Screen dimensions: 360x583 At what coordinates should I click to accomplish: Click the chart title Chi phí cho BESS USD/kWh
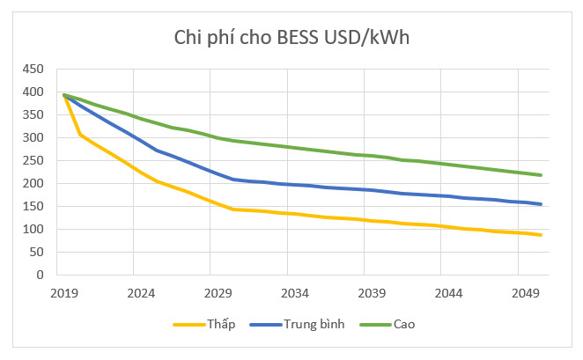coord(291,38)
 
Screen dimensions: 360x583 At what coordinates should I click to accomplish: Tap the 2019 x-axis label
coord(64,292)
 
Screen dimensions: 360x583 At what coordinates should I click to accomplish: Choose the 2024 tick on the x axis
coord(141,292)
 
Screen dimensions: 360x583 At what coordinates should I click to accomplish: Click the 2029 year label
coord(218,292)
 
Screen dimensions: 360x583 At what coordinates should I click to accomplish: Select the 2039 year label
coord(372,292)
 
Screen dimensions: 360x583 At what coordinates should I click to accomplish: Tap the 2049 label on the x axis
coord(526,292)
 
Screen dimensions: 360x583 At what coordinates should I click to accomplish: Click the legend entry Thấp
coord(219,324)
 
